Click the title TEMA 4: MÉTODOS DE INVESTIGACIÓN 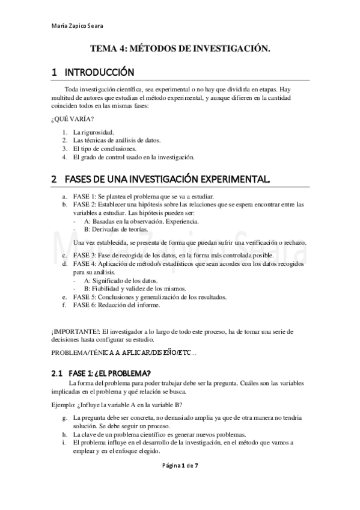pos(180,51)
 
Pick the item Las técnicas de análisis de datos pos(117,140)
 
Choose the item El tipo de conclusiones pos(105,149)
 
